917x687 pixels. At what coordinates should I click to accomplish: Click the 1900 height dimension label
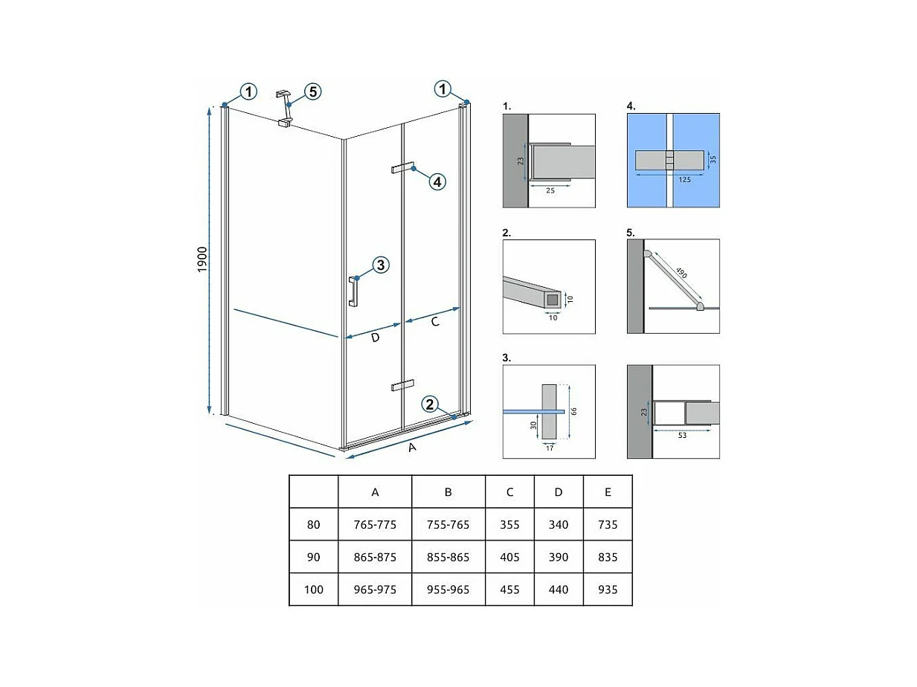click(202, 259)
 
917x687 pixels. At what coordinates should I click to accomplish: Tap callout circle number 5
click(313, 91)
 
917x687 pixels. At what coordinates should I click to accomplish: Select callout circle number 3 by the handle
click(381, 265)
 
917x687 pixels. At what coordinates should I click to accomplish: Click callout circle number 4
click(437, 181)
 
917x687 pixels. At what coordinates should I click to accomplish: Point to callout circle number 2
click(429, 404)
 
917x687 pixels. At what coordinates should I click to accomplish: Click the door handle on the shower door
click(353, 291)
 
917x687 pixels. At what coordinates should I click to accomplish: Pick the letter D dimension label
click(375, 338)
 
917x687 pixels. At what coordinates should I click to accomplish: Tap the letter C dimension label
click(435, 322)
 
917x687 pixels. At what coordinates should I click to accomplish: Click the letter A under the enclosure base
click(412, 448)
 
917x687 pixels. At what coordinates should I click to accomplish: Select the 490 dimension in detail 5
click(681, 273)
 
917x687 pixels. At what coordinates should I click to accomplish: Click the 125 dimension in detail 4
click(684, 180)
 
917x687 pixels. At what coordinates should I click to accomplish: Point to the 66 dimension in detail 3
click(574, 411)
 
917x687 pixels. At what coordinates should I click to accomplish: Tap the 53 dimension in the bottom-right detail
click(682, 436)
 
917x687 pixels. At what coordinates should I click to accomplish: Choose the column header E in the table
click(608, 492)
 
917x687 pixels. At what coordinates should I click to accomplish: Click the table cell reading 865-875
click(375, 557)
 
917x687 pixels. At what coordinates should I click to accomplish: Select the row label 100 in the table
click(313, 590)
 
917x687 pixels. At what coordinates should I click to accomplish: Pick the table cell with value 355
click(509, 524)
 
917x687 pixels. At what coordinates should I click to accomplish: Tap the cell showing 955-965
click(448, 590)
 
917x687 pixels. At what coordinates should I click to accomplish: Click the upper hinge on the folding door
click(402, 167)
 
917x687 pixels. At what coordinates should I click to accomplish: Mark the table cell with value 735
click(608, 524)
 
